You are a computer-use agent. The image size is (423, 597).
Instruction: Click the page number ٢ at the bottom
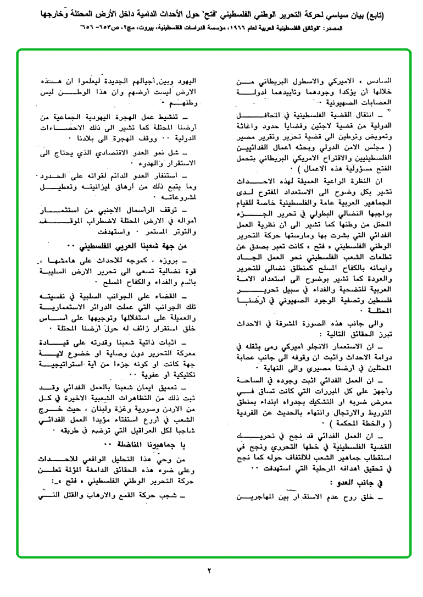209,570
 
